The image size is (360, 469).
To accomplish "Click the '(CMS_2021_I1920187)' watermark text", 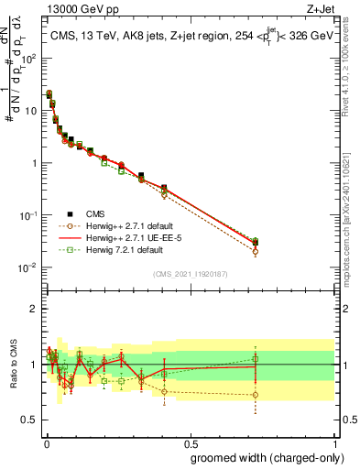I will pyautogui.click(x=189, y=273).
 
